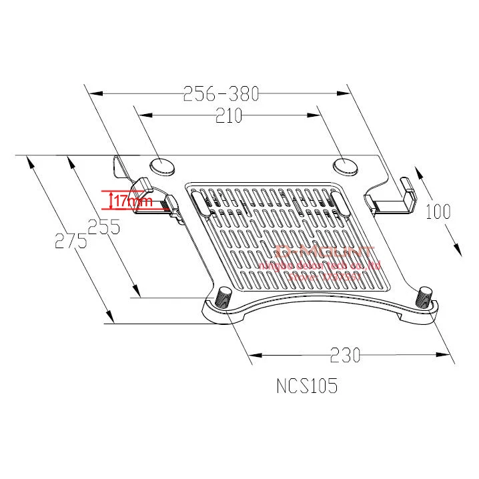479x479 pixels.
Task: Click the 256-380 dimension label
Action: tap(221, 93)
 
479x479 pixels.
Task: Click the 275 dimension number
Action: tap(71, 241)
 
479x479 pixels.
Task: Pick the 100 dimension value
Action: tap(438, 212)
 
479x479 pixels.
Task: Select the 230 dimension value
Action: tap(345, 355)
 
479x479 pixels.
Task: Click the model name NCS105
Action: tap(307, 386)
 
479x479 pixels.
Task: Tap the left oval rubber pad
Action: tap(161, 164)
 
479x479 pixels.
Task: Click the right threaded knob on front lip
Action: tap(424, 295)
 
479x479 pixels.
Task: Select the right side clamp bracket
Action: tap(394, 199)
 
